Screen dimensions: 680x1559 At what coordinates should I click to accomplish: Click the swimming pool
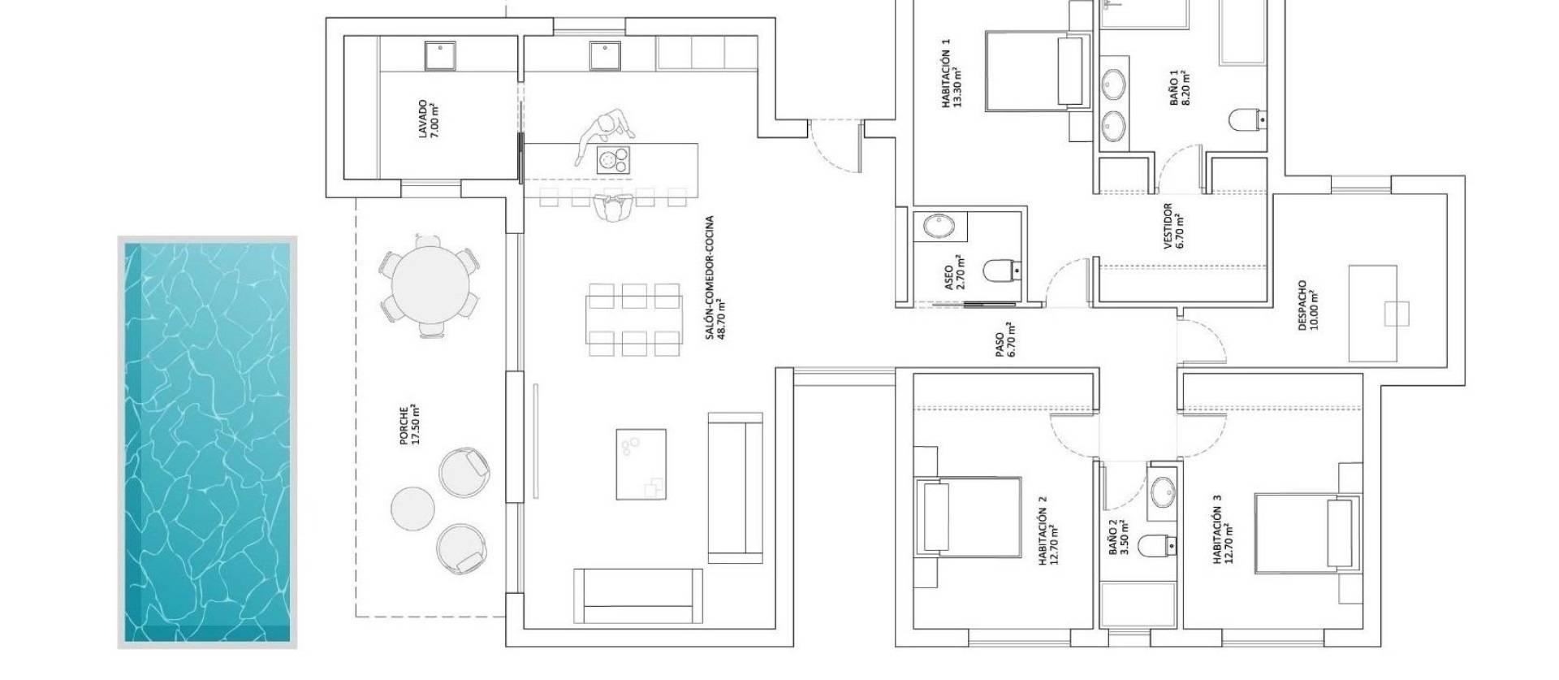207,443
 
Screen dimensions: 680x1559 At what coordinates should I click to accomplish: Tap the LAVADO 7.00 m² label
427,119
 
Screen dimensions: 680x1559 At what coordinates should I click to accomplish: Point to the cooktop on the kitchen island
614,159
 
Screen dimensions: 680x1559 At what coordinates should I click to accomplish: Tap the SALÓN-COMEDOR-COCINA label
713,276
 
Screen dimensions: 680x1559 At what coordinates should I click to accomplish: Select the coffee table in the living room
641,464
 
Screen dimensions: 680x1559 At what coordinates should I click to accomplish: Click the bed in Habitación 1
1036,71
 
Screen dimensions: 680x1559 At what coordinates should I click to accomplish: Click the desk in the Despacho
1372,313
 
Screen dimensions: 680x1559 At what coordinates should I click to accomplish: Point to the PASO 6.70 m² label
1007,340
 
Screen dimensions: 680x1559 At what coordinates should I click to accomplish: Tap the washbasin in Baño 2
1162,492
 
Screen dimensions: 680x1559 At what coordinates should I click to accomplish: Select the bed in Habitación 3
1306,532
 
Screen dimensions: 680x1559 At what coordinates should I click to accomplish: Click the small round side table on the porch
413,508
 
